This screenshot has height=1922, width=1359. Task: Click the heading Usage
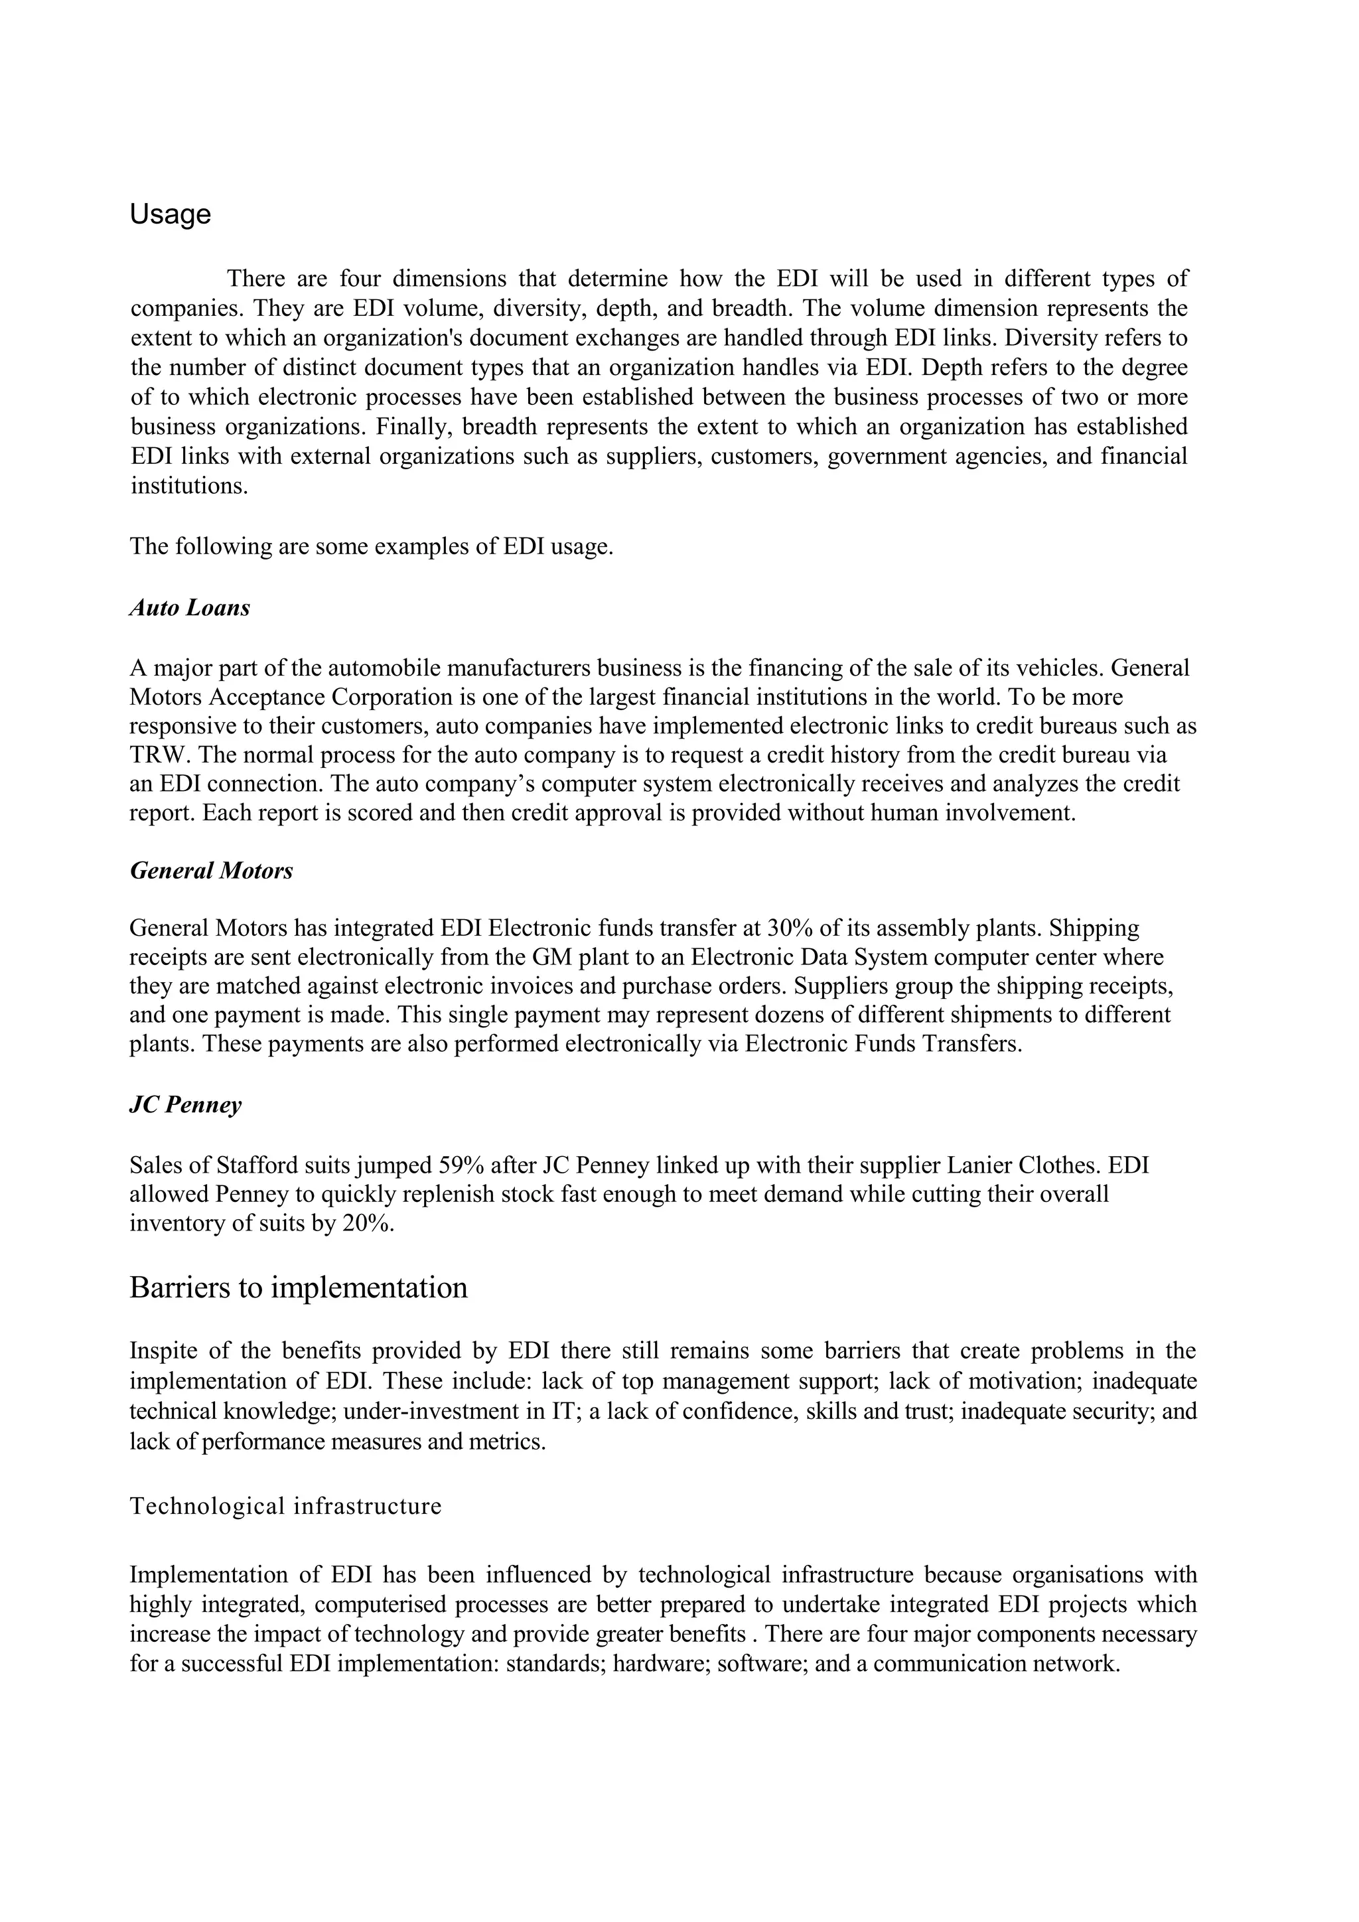170,215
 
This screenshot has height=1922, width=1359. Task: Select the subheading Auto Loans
190,608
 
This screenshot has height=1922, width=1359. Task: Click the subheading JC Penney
186,1105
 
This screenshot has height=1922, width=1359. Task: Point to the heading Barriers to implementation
298,1288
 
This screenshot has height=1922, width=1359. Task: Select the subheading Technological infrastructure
285,1506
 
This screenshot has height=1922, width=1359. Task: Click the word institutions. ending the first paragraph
189,486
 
